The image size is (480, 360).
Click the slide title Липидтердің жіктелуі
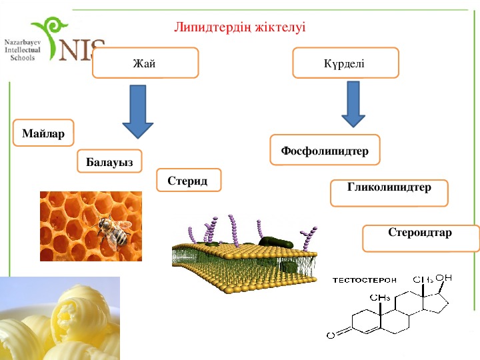click(239, 27)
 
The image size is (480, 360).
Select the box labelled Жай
click(145, 63)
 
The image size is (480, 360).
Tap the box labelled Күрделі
click(345, 62)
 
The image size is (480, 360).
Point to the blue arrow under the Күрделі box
click(353, 104)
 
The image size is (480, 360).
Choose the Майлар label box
click(43, 134)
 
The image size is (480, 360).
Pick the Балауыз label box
click(109, 161)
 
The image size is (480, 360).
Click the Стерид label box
click(188, 181)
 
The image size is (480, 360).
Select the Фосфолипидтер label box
click(325, 151)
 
